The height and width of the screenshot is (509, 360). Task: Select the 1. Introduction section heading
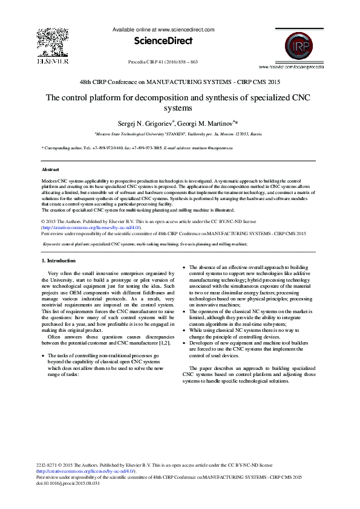(x=58, y=261)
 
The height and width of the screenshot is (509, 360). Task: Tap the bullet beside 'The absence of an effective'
(x=184, y=267)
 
